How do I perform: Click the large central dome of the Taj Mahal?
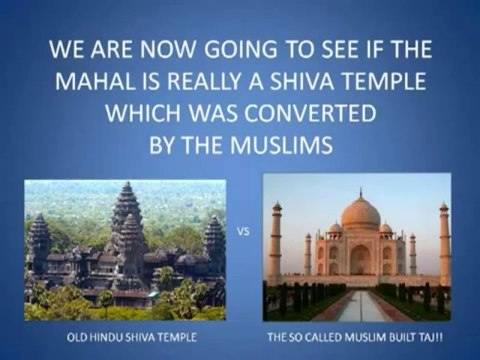click(359, 212)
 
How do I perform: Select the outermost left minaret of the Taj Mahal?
click(276, 245)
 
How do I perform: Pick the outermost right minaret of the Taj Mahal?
click(443, 245)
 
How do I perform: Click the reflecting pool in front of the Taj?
click(359, 304)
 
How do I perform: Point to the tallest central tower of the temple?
click(126, 215)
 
